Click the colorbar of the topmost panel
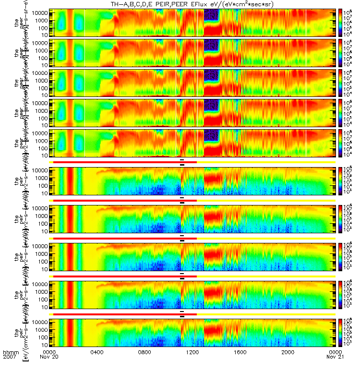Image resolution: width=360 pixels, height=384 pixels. point(341,23)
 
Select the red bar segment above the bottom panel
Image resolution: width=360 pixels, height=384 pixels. point(125,314)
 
